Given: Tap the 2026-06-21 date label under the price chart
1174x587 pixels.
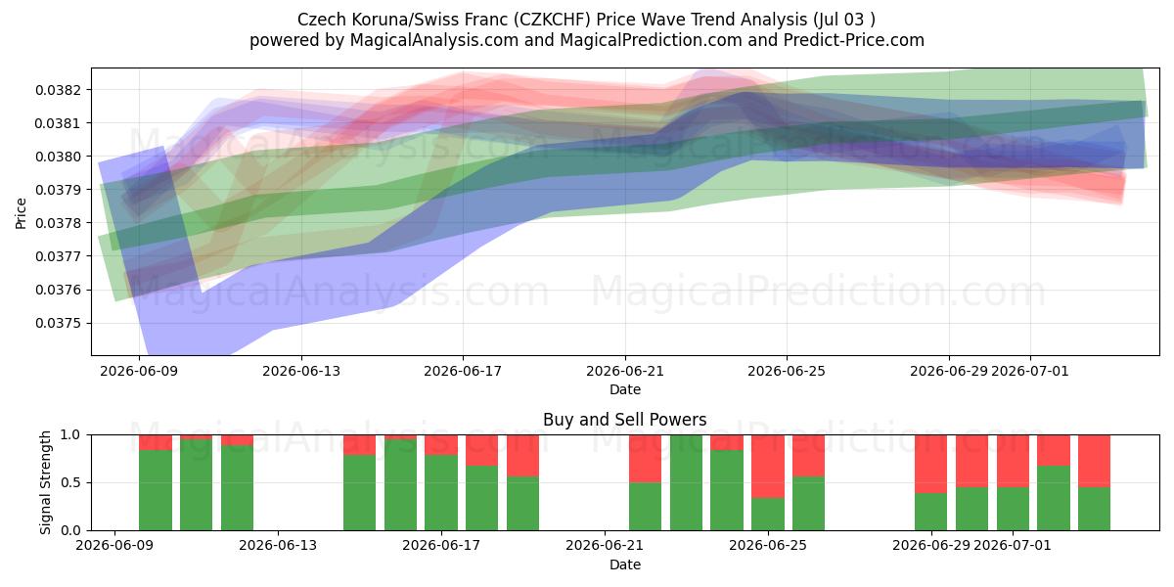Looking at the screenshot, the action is (x=625, y=371).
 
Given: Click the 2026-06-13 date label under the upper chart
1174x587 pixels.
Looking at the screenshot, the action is (x=301, y=371).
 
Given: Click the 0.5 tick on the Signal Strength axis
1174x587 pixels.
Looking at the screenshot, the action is (x=70, y=482).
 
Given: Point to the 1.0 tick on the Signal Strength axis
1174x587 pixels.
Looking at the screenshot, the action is (x=70, y=435).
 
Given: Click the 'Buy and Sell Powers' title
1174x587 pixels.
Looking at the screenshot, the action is (x=625, y=420).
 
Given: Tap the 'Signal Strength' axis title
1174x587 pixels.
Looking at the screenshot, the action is (x=45, y=482).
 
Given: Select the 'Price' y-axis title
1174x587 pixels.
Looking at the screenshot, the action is (x=21, y=213).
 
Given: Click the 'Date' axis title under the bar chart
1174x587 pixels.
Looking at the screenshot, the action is (x=625, y=564).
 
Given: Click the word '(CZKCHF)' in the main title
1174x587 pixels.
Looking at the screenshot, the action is (x=552, y=20).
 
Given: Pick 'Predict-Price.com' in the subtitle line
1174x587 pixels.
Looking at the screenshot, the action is (x=854, y=40).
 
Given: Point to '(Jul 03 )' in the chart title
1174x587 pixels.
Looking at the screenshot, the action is (x=844, y=20).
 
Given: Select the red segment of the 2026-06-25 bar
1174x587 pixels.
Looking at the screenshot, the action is (x=808, y=456).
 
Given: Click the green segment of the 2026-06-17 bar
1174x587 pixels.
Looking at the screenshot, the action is (x=441, y=493).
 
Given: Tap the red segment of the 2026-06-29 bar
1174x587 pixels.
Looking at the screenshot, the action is (x=930, y=465).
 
